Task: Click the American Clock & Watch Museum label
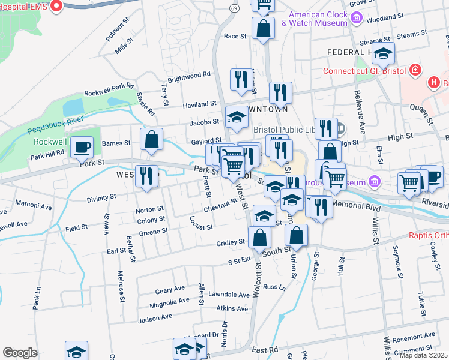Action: (x=318, y=19)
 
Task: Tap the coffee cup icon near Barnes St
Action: (x=81, y=147)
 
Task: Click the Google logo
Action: (x=20, y=353)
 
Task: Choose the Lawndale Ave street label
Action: (x=229, y=295)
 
